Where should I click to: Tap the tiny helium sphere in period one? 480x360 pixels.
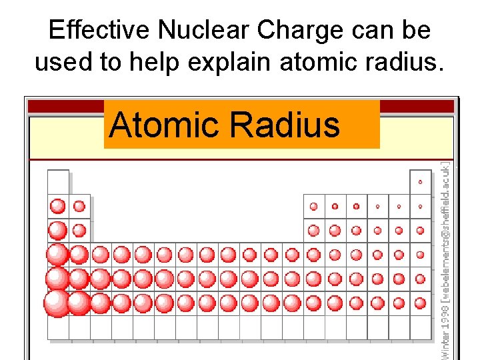pyautogui.click(x=420, y=182)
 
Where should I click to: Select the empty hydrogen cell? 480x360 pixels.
pyautogui.click(x=58, y=182)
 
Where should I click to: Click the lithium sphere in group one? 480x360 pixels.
pyautogui.click(x=58, y=206)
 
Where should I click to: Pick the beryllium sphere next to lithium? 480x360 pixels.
pyautogui.click(x=79, y=206)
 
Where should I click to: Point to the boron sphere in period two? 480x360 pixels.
pyautogui.click(x=313, y=206)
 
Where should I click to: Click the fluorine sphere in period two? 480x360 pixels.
pyautogui.click(x=399, y=207)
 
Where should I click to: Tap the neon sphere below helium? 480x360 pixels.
pyautogui.click(x=420, y=207)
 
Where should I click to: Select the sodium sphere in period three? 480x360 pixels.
pyautogui.click(x=58, y=231)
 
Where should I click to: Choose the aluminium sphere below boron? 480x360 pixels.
pyautogui.click(x=313, y=231)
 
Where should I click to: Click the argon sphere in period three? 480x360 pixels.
pyautogui.click(x=420, y=231)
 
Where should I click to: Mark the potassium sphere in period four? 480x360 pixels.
pyautogui.click(x=57, y=255)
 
